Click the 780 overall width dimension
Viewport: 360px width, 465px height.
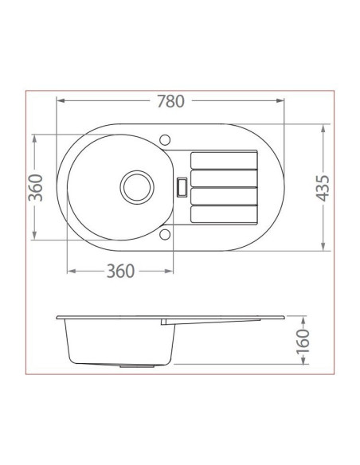(x=170, y=101)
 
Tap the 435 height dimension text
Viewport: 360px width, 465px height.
(x=323, y=189)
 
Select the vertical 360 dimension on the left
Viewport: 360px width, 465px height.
(x=36, y=188)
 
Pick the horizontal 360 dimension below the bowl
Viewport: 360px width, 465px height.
(x=120, y=271)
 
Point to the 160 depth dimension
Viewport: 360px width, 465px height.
(x=303, y=341)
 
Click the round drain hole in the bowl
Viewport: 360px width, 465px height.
(x=137, y=187)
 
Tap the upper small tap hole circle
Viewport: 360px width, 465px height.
(x=165, y=139)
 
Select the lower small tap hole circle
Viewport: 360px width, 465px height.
(x=165, y=234)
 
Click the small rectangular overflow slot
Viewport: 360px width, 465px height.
(x=182, y=187)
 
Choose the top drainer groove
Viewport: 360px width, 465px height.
(x=224, y=160)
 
